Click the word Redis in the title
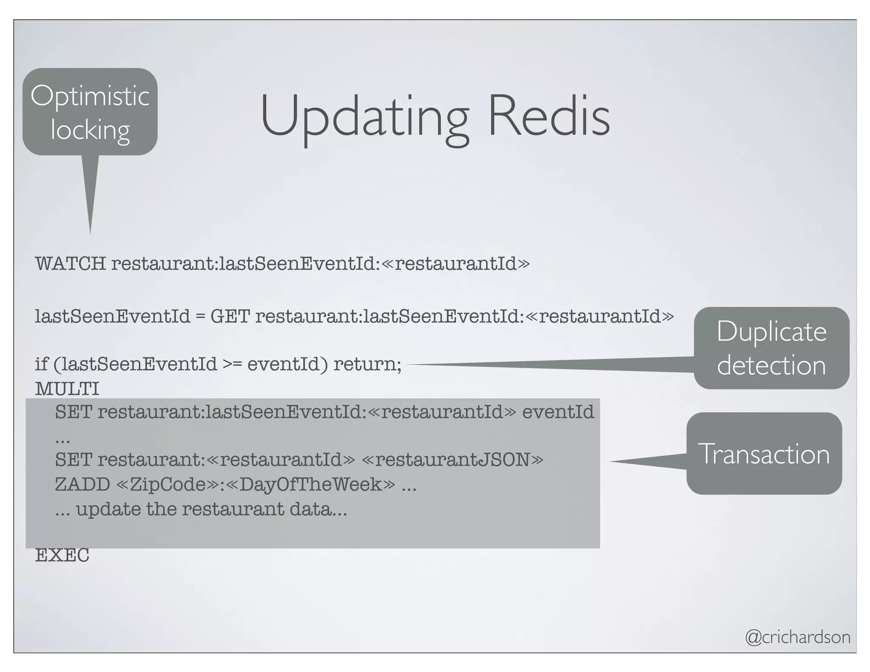[549, 116]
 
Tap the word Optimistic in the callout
[90, 96]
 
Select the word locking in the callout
[90, 130]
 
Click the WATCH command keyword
[70, 264]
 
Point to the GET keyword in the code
[230, 316]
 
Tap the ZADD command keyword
[82, 485]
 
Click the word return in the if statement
[367, 364]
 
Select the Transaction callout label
[764, 454]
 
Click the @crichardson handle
[797, 637]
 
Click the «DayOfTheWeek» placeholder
[311, 485]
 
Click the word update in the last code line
[108, 509]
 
